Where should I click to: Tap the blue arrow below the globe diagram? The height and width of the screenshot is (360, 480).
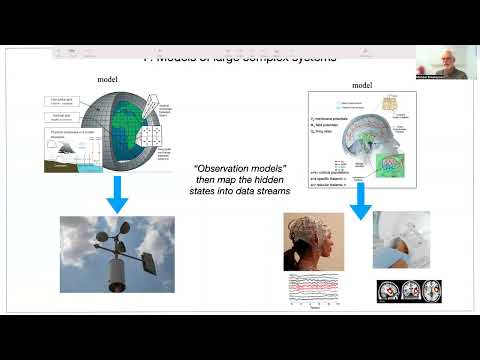(x=117, y=195)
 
